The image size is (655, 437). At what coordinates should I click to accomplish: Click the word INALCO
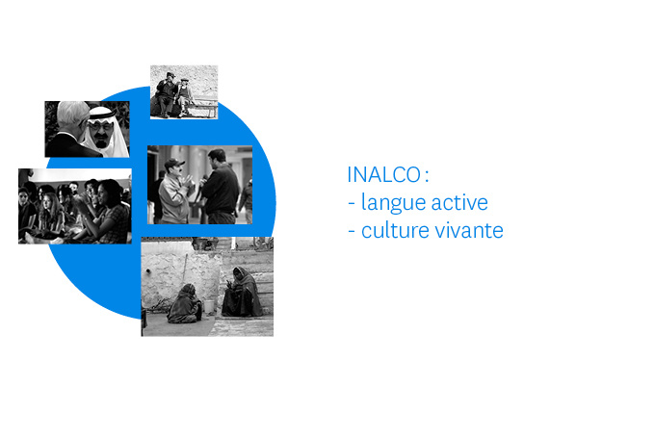384,174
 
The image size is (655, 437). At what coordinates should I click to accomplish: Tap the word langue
393,204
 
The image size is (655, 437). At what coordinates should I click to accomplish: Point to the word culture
395,230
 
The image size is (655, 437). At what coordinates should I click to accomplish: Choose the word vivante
469,230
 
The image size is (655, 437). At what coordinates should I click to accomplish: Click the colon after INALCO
426,175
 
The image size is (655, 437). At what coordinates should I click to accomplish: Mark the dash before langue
352,204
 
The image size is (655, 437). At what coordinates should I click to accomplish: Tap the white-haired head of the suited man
72,114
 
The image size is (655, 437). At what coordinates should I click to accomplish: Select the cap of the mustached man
174,163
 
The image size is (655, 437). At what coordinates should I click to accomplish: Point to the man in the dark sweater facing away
221,187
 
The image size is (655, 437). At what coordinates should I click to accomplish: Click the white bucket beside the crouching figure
208,306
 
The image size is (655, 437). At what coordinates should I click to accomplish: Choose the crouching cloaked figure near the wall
185,304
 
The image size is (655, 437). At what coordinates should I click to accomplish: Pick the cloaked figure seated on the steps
242,293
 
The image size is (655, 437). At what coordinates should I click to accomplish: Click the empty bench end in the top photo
208,107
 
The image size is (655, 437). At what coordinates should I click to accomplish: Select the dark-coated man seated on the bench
166,95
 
